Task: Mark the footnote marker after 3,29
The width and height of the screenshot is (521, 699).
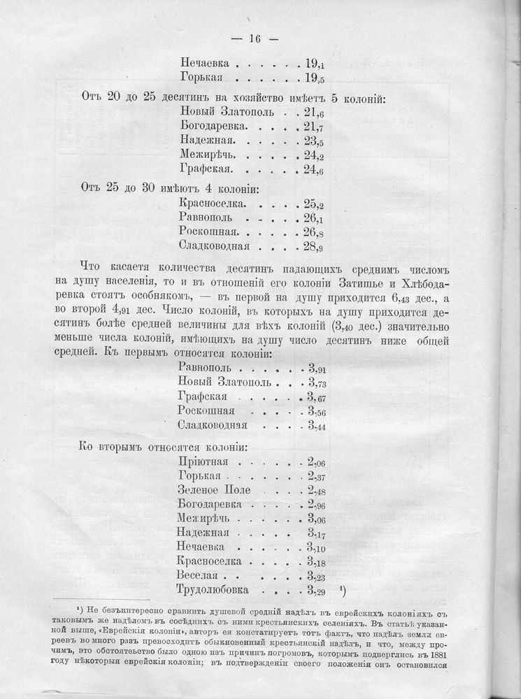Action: [342, 589]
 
